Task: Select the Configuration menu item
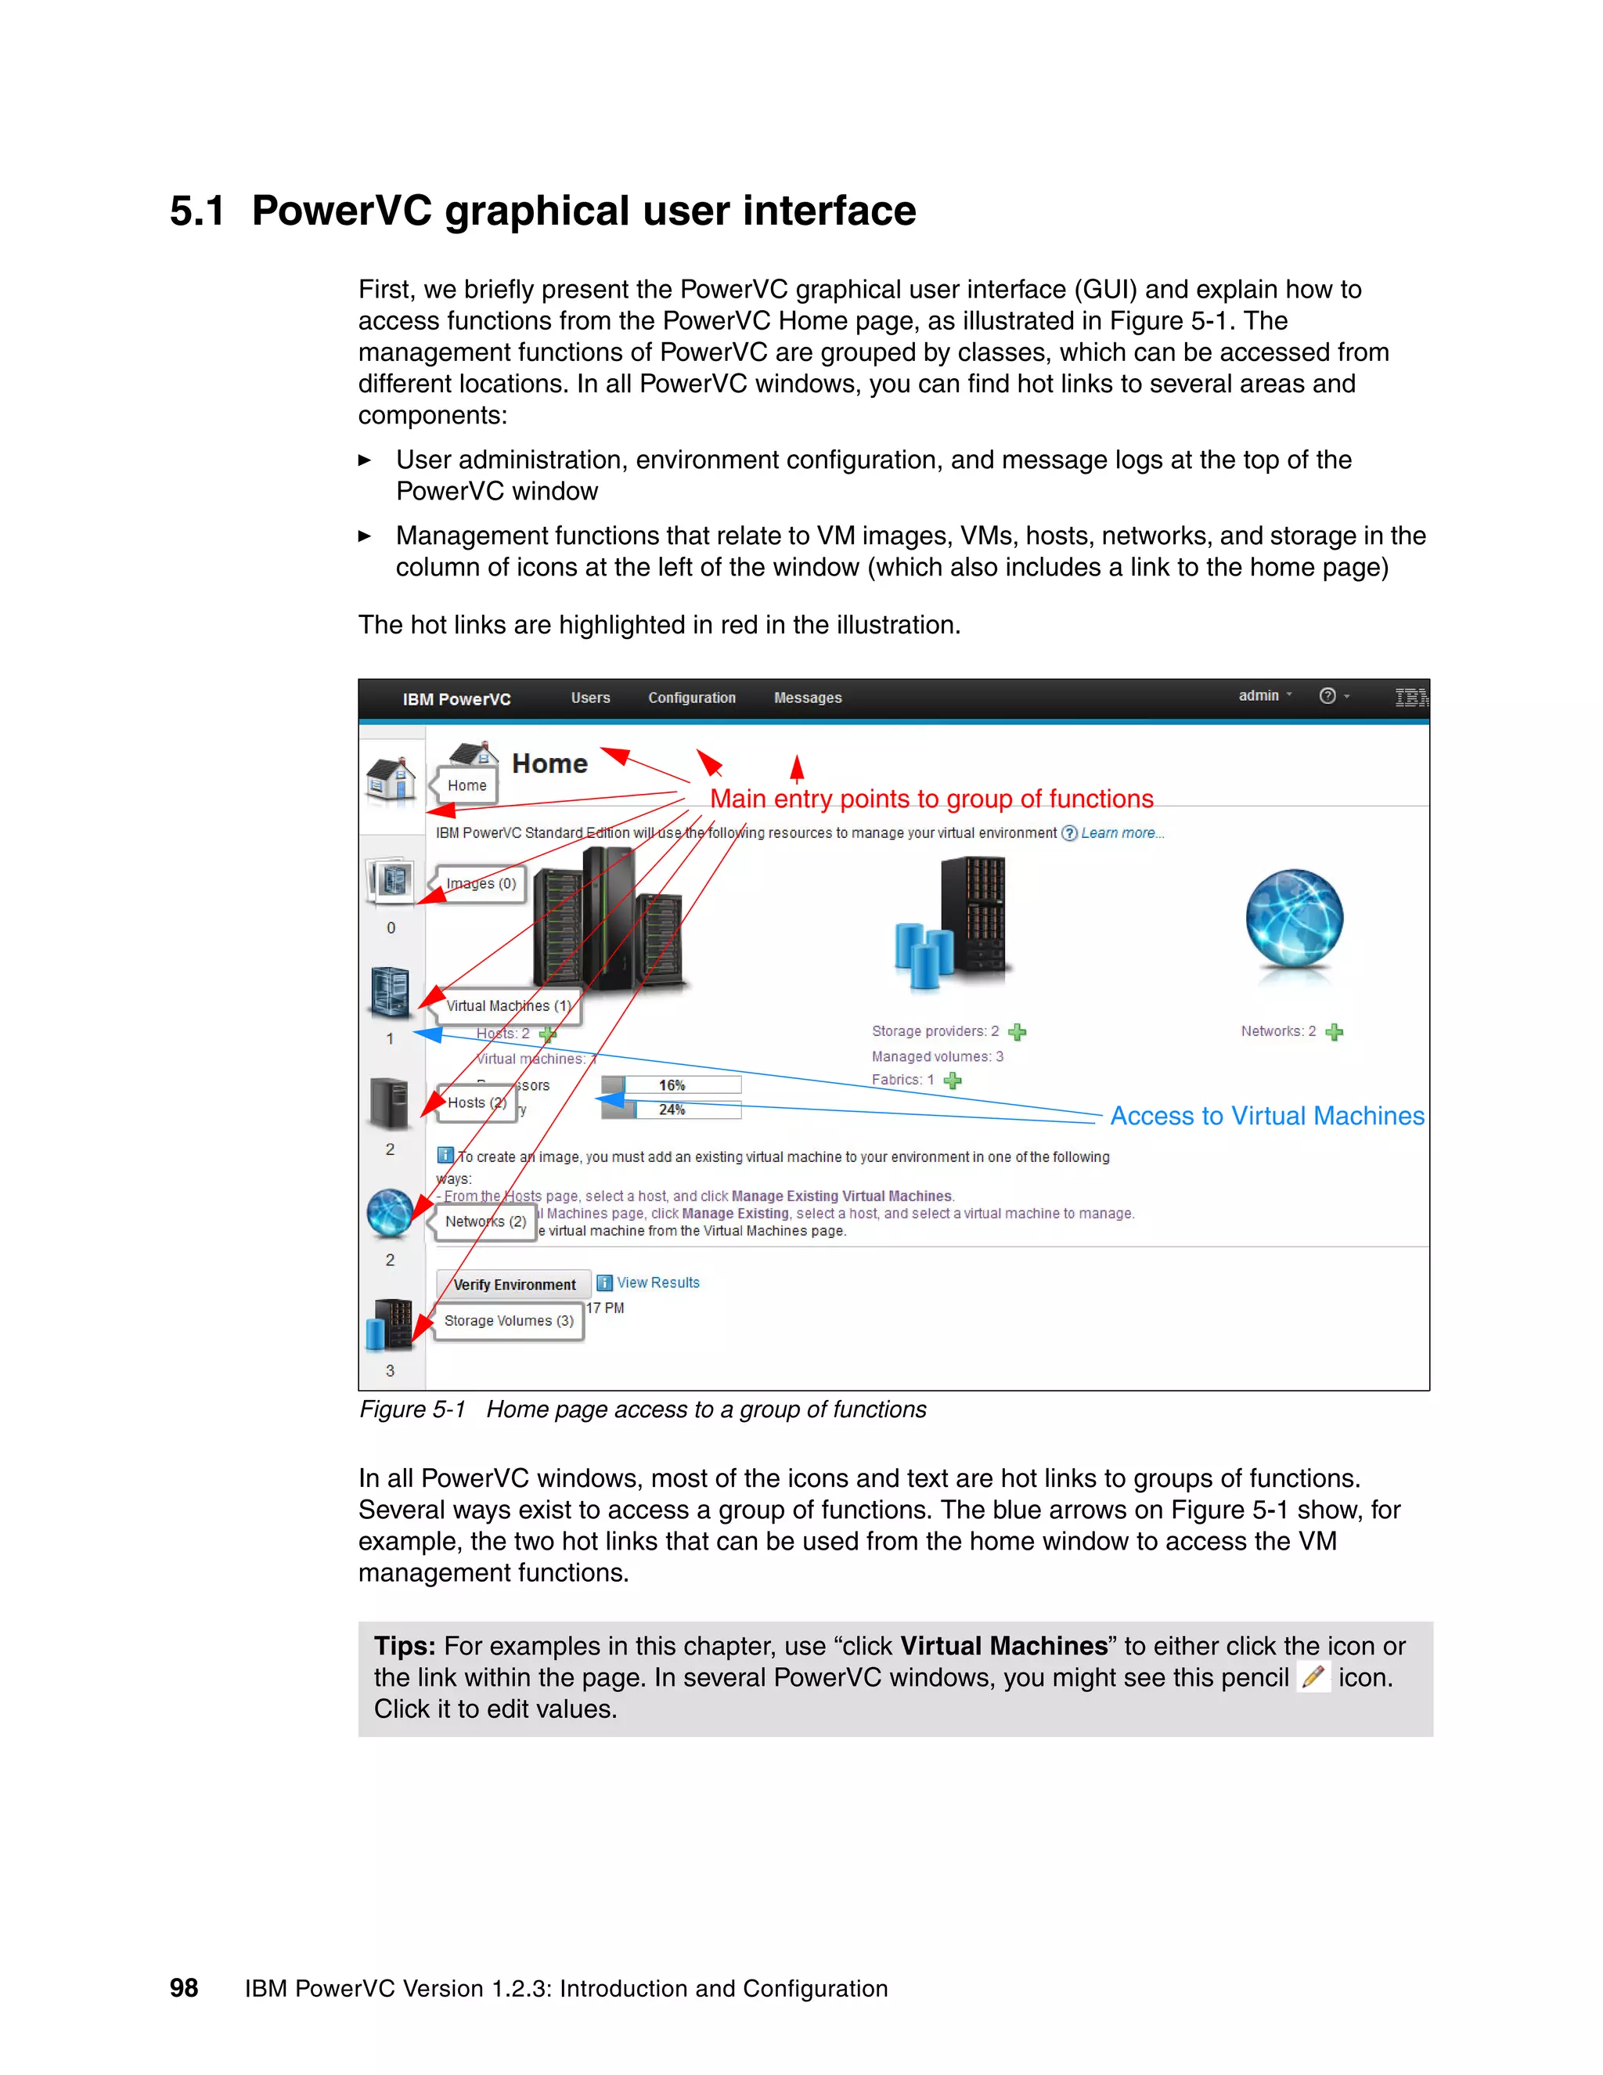click(691, 698)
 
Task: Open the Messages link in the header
click(807, 698)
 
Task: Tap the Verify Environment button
click(513, 1284)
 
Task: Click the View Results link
click(657, 1283)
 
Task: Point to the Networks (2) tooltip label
click(485, 1221)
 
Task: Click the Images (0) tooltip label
click(481, 883)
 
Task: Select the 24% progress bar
click(672, 1110)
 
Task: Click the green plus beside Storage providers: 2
click(1017, 1032)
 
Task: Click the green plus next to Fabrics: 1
click(953, 1081)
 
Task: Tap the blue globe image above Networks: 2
click(1293, 918)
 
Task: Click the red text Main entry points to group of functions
click(931, 799)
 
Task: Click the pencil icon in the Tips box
click(1313, 1677)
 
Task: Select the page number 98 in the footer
click(183, 1987)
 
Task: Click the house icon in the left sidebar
click(391, 779)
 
